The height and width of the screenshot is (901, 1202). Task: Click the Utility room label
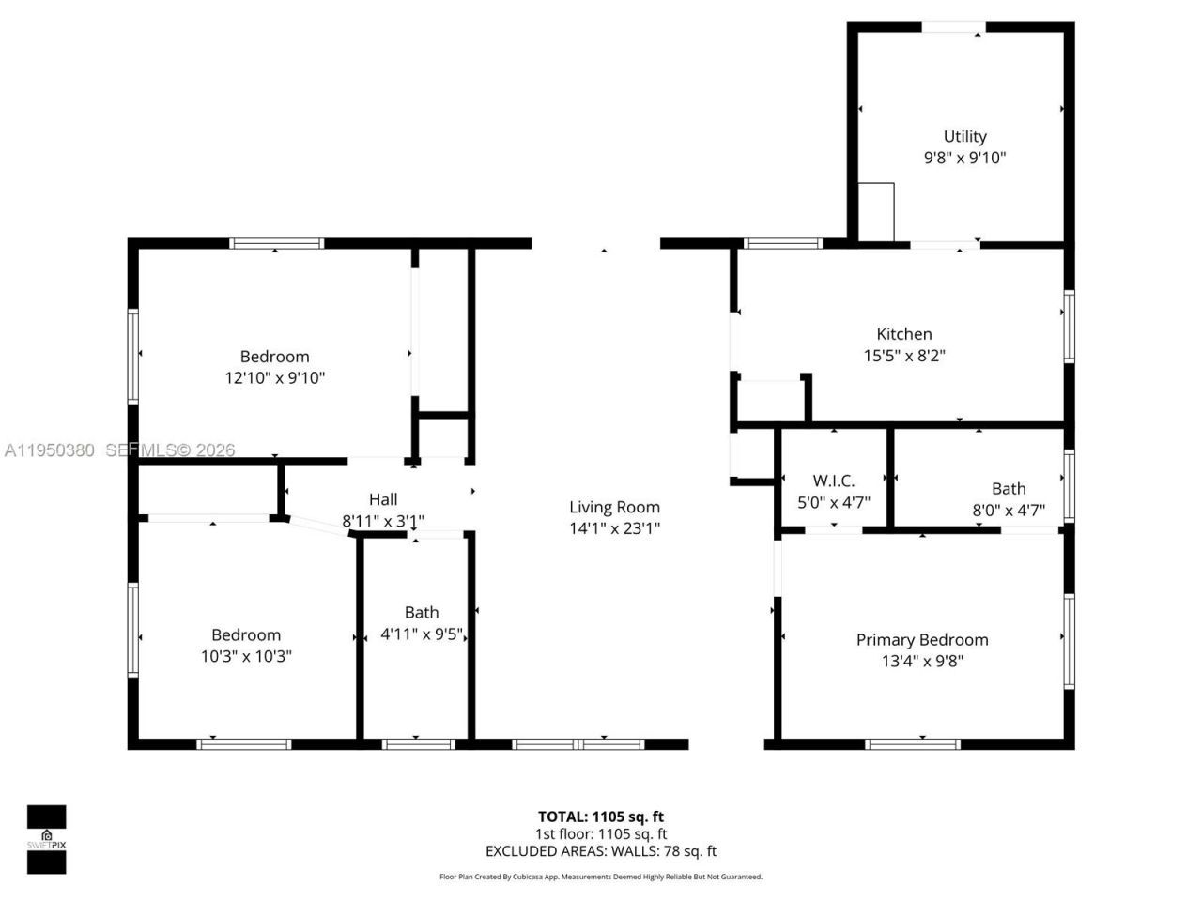964,136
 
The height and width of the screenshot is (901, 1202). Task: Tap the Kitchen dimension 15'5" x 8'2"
903,356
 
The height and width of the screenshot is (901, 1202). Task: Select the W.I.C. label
833,481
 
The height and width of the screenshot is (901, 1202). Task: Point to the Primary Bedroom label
921,640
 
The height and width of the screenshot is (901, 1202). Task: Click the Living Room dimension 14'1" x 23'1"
614,528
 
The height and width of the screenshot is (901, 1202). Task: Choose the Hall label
383,499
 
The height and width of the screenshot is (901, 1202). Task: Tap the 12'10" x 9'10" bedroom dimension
274,378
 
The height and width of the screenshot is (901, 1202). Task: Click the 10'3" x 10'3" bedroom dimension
246,657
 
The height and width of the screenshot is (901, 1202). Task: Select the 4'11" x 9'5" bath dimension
422,634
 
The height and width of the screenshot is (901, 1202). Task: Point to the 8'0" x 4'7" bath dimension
1009,511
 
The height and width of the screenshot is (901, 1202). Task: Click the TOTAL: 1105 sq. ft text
600,817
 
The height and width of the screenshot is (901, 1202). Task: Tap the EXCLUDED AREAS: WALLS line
600,851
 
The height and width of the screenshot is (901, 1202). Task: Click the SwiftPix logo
46,839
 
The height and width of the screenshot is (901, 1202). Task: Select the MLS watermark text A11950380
49,450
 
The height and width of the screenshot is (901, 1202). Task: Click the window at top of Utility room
952,27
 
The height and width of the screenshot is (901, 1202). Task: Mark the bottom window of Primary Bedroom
913,744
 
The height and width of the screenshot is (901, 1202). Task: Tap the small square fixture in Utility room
875,212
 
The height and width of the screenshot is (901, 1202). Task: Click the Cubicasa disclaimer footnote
600,877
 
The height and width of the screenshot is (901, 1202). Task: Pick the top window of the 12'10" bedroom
277,243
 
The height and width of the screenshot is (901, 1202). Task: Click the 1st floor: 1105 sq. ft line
600,833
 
